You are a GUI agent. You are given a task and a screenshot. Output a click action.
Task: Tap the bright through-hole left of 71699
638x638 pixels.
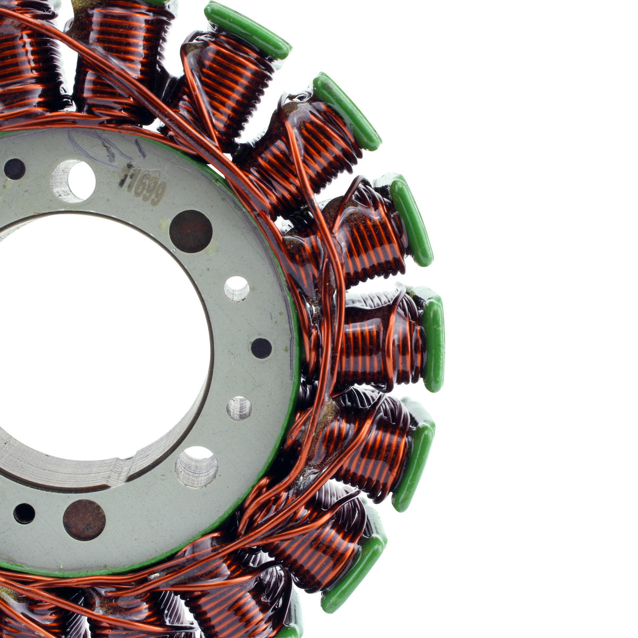[x=74, y=181]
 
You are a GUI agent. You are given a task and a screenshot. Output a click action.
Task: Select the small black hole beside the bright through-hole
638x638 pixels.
[x=14, y=169]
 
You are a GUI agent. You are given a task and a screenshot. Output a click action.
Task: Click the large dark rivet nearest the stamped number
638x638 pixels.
[x=191, y=231]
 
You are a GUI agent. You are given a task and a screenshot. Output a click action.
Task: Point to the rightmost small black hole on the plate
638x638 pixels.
[x=261, y=348]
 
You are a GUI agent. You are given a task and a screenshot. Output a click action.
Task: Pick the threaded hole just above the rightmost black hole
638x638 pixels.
[x=237, y=289]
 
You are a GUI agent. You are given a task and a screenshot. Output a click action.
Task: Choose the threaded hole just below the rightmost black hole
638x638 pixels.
[x=239, y=408]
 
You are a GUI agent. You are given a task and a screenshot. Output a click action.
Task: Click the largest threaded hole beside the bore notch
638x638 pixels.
[x=197, y=467]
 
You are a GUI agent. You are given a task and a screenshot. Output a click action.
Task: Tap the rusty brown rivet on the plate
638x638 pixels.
[x=84, y=519]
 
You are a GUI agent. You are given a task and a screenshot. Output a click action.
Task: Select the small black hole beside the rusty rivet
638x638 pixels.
[x=24, y=514]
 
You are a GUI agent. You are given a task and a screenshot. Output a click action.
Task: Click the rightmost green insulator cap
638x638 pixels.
[x=433, y=340]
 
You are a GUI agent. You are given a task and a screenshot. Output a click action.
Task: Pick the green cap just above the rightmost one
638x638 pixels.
[x=411, y=221]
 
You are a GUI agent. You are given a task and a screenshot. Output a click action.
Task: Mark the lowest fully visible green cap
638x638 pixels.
[x=354, y=572]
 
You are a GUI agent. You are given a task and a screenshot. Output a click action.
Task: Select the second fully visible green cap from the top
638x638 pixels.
[x=347, y=112]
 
